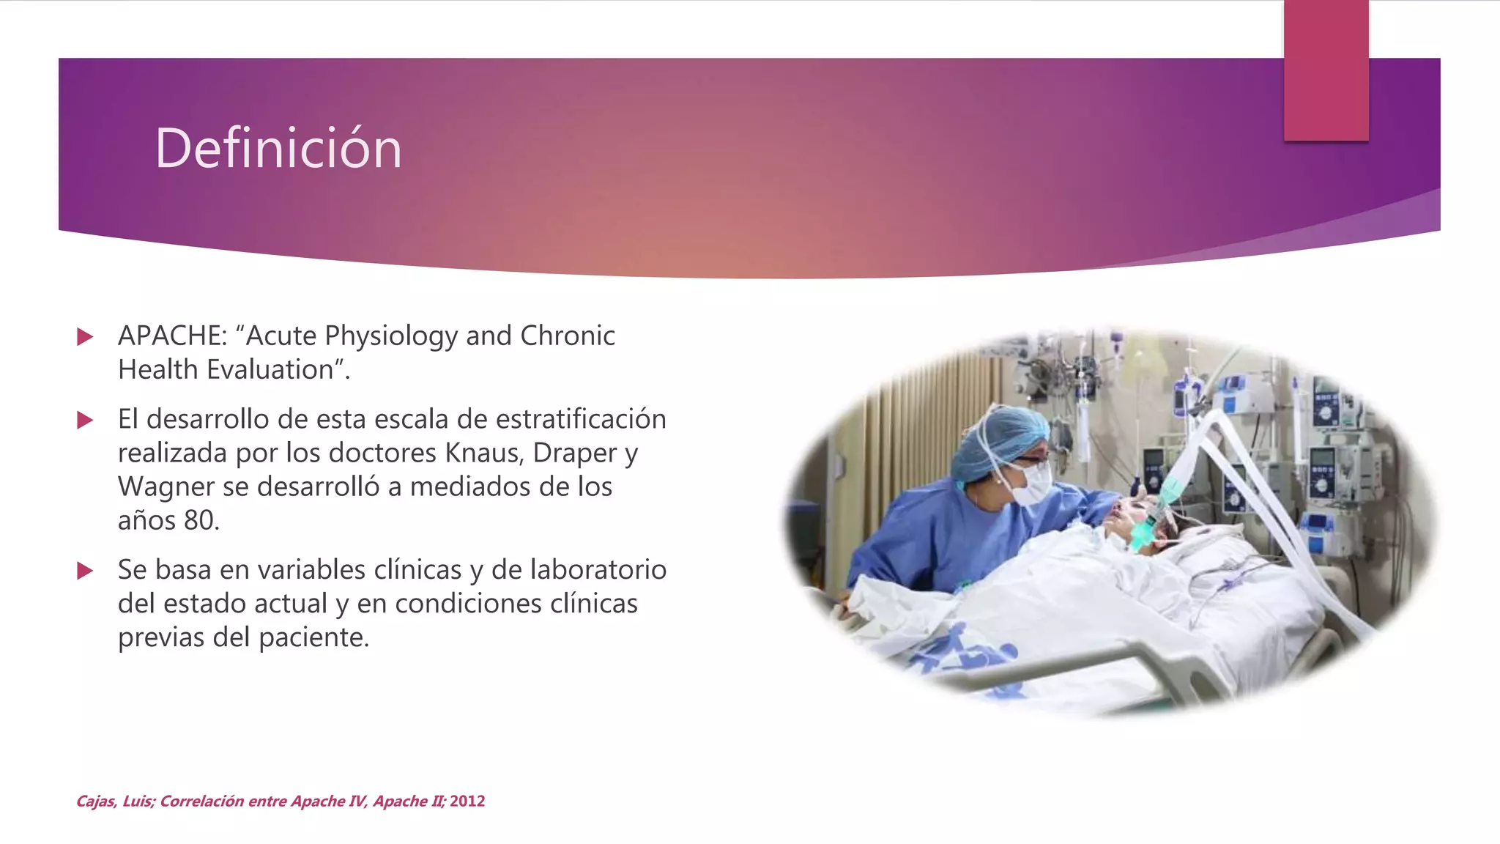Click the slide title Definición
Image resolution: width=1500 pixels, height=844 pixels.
tap(278, 149)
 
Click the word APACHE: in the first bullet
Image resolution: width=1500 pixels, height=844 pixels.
tap(173, 336)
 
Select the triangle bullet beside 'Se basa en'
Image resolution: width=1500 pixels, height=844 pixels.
tap(85, 571)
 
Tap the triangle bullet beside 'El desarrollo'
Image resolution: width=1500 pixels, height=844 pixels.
tap(85, 420)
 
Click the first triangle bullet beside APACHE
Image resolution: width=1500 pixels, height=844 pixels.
tap(85, 336)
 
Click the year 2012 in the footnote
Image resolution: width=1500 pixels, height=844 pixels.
tap(467, 801)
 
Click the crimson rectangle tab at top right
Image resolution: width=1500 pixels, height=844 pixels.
tap(1326, 70)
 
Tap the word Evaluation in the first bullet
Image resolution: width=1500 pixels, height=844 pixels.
tap(270, 370)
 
